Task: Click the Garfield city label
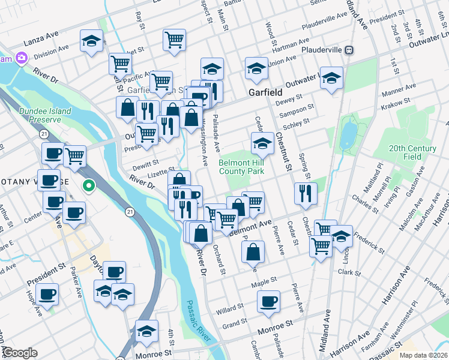point(265,93)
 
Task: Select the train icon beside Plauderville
point(356,50)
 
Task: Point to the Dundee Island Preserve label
point(45,115)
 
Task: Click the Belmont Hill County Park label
point(241,167)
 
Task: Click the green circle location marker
point(89,186)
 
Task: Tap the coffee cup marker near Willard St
point(269,301)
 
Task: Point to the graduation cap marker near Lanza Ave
point(91,41)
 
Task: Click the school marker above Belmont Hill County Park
point(262,143)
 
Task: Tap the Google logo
point(20,353)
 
